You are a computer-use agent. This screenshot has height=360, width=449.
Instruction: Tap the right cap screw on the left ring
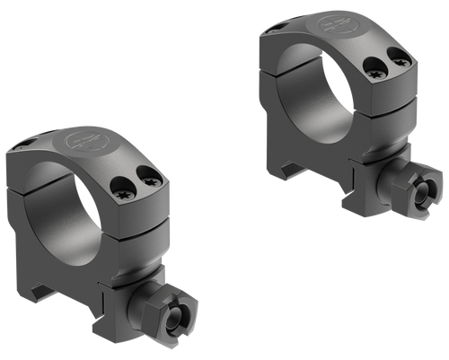[x=151, y=183]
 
